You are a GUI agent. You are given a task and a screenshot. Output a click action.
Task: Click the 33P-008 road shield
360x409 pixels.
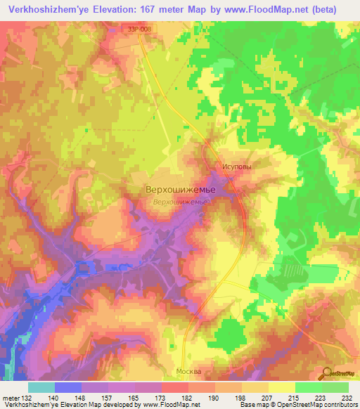pyautogui.click(x=140, y=28)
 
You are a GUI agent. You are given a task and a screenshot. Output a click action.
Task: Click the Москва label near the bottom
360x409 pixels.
pyautogui.click(x=187, y=371)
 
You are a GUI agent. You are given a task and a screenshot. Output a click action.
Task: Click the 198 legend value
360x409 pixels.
pyautogui.click(x=231, y=397)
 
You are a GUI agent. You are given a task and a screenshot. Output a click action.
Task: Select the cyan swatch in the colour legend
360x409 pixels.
pyautogui.click(x=41, y=387)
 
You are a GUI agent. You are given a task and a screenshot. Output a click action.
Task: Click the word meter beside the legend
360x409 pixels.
pyautogui.click(x=10, y=397)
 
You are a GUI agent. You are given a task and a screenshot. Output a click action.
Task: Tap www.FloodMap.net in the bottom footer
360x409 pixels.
pyautogui.click(x=167, y=405)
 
